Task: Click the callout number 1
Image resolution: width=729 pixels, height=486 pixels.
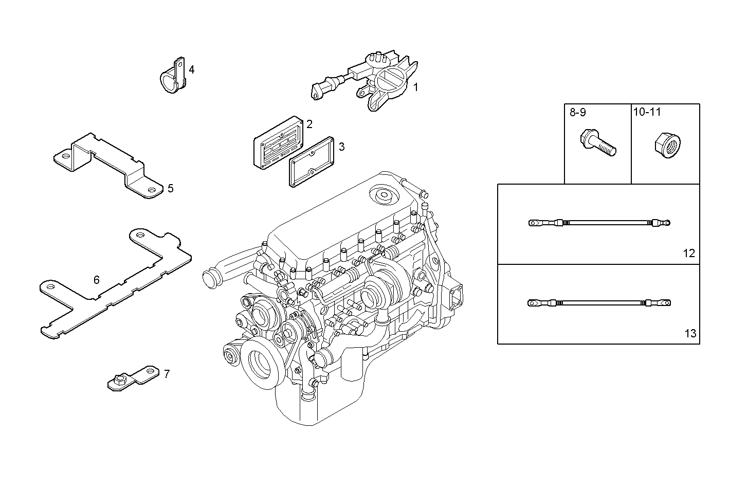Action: coord(415,87)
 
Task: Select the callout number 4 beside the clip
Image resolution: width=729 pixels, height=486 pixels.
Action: coord(191,69)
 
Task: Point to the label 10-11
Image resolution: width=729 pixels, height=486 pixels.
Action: coord(647,112)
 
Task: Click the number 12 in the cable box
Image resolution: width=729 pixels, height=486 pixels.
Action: coord(689,253)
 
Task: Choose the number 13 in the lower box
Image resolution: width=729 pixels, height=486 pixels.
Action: coord(690,333)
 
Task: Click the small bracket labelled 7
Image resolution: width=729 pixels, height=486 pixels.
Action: coord(131,378)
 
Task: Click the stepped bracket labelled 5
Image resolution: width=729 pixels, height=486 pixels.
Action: coord(108,162)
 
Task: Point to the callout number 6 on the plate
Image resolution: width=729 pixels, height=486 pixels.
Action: coord(96,280)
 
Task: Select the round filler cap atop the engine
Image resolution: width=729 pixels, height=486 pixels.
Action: coord(384,196)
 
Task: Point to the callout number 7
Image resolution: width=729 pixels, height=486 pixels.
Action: coord(167,374)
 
